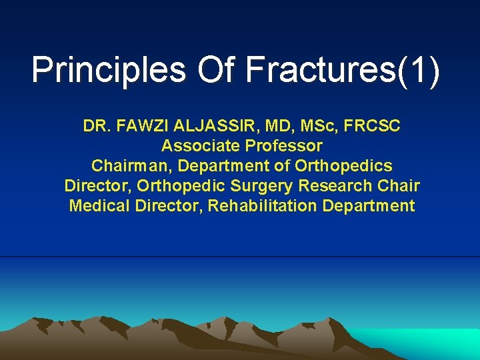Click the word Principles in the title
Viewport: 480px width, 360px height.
tap(109, 71)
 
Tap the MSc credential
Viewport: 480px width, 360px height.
tap(310, 125)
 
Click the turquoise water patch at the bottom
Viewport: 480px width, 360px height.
tap(427, 343)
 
